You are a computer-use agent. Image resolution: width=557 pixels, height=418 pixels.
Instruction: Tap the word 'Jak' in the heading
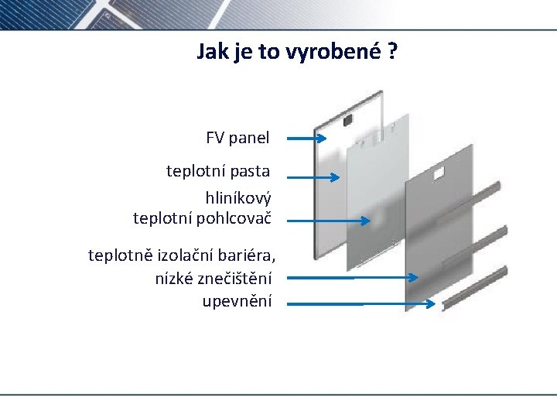click(x=212, y=52)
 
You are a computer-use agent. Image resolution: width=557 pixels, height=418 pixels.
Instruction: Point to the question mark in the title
click(x=393, y=52)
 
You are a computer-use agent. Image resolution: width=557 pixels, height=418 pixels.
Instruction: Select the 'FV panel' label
click(x=237, y=139)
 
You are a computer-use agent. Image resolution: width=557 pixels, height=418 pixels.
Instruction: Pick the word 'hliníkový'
click(x=237, y=197)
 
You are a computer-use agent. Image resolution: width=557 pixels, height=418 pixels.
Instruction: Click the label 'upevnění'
click(x=237, y=300)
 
